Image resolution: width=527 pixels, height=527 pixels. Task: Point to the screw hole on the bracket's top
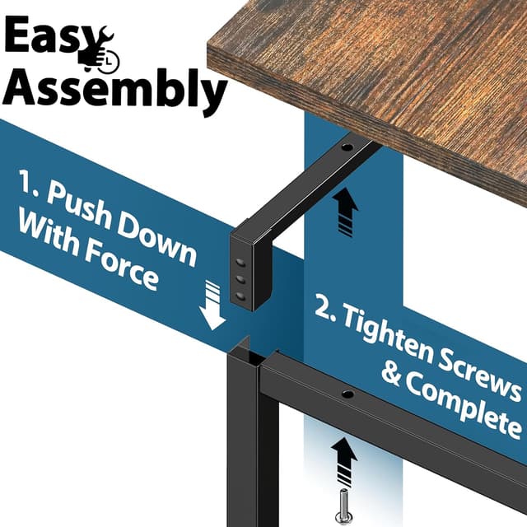pos(346,148)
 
